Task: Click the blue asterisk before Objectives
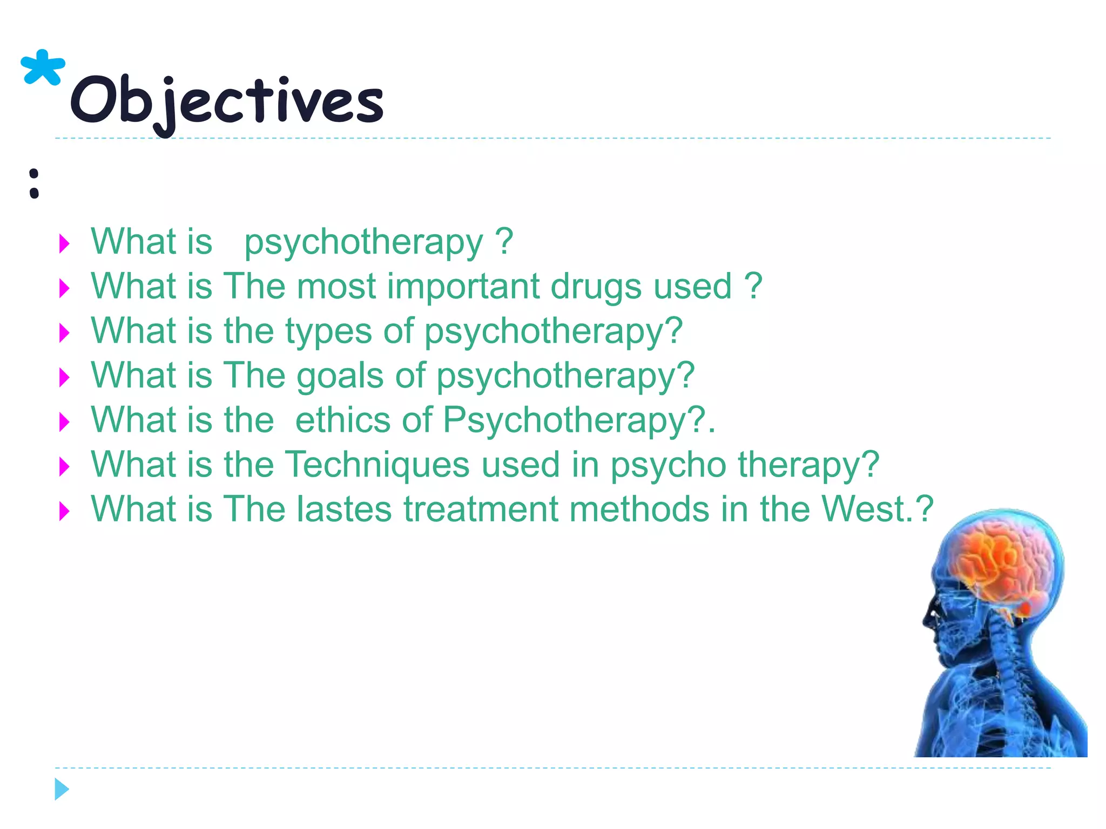pos(42,68)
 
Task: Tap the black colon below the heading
pos(34,184)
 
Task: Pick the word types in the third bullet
pos(328,332)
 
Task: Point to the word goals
pos(340,376)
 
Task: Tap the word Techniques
pos(377,465)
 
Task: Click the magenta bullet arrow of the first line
pos(64,244)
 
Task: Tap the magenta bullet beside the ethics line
pos(64,422)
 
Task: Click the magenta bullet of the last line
pos(64,511)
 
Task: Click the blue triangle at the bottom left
pos(62,789)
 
